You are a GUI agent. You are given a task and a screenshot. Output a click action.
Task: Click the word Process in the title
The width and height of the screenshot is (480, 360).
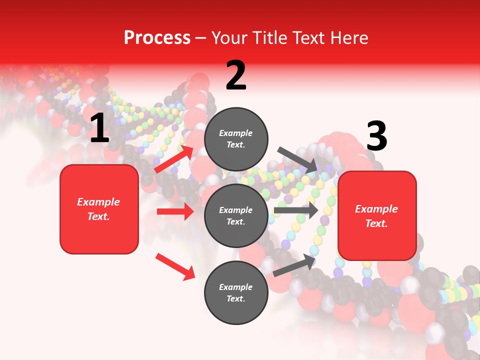pyautogui.click(x=157, y=37)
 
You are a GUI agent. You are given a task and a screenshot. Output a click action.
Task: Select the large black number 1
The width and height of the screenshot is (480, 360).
pyautogui.click(x=99, y=128)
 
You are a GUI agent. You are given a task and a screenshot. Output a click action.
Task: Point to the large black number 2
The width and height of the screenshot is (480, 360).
pyautogui.click(x=236, y=75)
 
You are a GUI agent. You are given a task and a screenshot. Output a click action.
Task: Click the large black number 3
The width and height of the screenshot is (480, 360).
pyautogui.click(x=376, y=136)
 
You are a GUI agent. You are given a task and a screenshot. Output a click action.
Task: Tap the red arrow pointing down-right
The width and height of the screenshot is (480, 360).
pyautogui.click(x=175, y=266)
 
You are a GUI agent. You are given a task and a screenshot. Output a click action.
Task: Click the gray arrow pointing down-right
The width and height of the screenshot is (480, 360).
pyautogui.click(x=297, y=159)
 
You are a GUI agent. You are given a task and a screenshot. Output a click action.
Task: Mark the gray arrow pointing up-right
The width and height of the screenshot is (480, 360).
pyautogui.click(x=294, y=265)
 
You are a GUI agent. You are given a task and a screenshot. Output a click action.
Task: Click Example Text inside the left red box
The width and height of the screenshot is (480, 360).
pyautogui.click(x=98, y=209)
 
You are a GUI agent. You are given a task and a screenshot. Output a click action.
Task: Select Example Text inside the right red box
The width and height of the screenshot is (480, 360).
pyautogui.click(x=376, y=216)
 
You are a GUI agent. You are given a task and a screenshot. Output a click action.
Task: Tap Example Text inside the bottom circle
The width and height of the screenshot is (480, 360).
pyautogui.click(x=236, y=292)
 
